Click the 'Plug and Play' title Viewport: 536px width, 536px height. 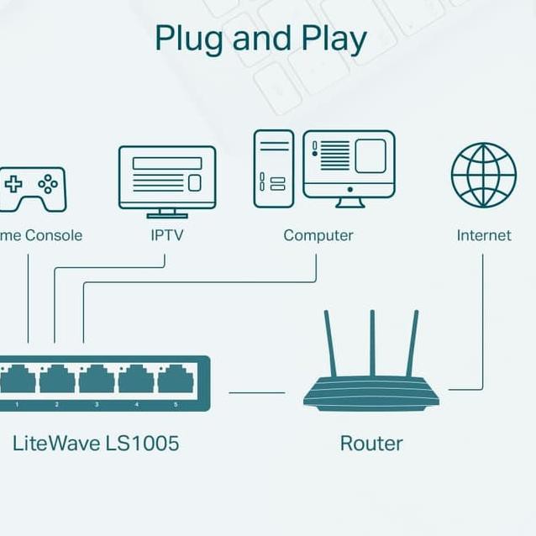pyautogui.click(x=261, y=39)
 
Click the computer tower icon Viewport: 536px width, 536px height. pyautogui.click(x=274, y=168)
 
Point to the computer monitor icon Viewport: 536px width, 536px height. pyautogui.click(x=349, y=166)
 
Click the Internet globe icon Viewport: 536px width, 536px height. pyautogui.click(x=483, y=175)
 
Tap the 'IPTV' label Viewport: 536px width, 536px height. pyautogui.click(x=166, y=235)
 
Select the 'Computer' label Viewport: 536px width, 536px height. pyautogui.click(x=318, y=235)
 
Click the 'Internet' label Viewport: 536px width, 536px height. pyautogui.click(x=483, y=235)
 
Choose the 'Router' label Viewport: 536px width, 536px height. pyautogui.click(x=371, y=443)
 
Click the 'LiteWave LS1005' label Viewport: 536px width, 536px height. pyautogui.click(x=96, y=443)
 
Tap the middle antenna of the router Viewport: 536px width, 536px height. pyautogui.click(x=371, y=344)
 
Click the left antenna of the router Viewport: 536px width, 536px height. pyautogui.click(x=329, y=344)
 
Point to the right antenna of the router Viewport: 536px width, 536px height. pyautogui.click(x=412, y=344)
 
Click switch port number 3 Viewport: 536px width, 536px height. pyautogui.click(x=97, y=381)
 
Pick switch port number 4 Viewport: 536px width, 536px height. pyautogui.click(x=136, y=381)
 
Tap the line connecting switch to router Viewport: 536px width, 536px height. pyautogui.click(x=256, y=391)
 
